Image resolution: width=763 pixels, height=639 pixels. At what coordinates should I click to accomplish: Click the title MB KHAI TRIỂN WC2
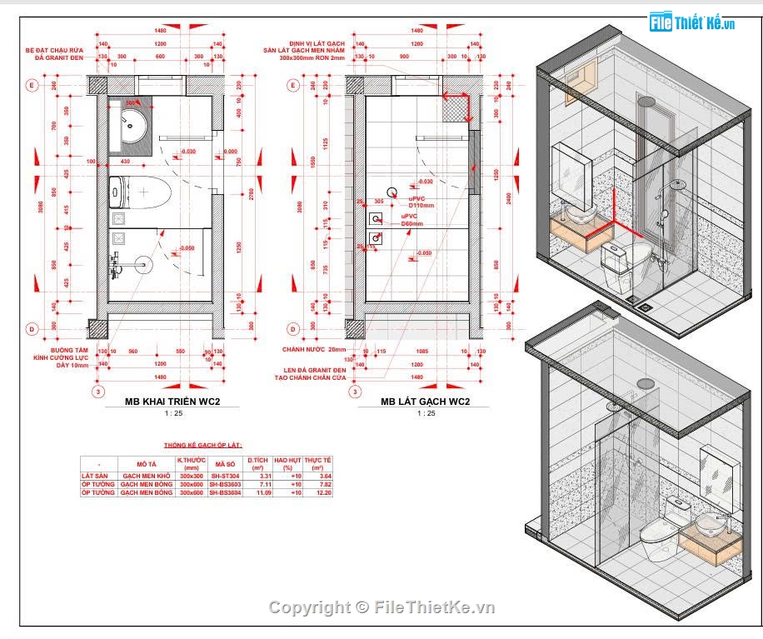click(172, 402)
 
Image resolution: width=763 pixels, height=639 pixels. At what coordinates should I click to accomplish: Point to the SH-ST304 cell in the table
click(225, 476)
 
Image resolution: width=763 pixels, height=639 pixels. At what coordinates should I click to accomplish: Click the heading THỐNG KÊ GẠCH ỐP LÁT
click(203, 446)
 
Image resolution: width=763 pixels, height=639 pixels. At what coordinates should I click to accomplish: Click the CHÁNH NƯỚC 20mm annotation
click(312, 350)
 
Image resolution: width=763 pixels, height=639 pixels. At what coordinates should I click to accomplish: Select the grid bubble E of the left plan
click(33, 85)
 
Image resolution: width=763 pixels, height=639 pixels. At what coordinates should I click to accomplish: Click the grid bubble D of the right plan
click(292, 328)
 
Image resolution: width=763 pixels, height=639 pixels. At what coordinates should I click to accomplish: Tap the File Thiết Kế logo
click(691, 22)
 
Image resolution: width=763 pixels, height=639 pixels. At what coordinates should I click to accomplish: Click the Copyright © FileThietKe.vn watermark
click(381, 607)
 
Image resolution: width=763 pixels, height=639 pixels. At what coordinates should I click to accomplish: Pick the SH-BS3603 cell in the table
click(225, 484)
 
